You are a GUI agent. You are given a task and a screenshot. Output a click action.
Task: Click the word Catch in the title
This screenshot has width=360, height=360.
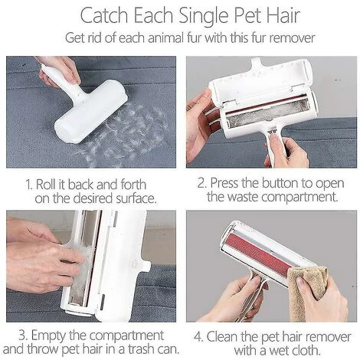pos(104,15)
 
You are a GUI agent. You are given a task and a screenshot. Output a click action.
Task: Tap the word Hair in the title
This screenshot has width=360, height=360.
pos(283,15)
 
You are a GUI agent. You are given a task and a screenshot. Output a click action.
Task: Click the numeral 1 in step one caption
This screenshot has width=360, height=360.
pos(28,185)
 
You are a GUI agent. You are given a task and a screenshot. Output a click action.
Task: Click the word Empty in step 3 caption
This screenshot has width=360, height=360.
pos(48,335)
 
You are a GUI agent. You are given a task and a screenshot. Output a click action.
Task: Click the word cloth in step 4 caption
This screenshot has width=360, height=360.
pos(305,350)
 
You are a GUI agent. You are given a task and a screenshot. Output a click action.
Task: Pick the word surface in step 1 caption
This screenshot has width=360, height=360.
pos(136,198)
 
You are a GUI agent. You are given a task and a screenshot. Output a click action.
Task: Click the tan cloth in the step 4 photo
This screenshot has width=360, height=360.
pos(307,291)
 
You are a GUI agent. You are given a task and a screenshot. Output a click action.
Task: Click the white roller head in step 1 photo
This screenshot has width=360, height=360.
pos(91,113)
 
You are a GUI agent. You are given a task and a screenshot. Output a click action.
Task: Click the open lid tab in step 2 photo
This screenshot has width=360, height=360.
pos(256,62)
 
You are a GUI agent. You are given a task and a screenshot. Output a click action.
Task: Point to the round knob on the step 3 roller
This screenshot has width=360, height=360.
pos(145,267)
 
